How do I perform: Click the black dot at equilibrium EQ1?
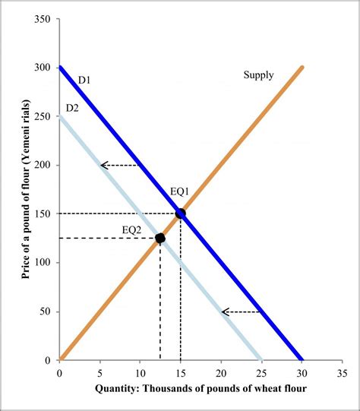pyautogui.click(x=180, y=213)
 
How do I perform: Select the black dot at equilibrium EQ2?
pyautogui.click(x=160, y=238)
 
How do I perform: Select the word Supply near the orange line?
pyautogui.click(x=258, y=74)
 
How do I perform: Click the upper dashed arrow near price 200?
pyautogui.click(x=119, y=165)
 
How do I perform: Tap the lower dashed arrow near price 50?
pyautogui.click(x=241, y=311)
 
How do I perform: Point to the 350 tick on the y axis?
pyautogui.click(x=43, y=19)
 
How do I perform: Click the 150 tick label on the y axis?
pyautogui.click(x=43, y=214)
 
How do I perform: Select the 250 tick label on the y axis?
pyautogui.click(x=43, y=116)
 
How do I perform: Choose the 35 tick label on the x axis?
pyautogui.click(x=342, y=373)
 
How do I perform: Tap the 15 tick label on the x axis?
pyautogui.click(x=180, y=373)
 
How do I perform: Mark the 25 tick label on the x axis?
pyautogui.click(x=261, y=373)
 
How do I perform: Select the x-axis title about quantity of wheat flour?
pyautogui.click(x=201, y=389)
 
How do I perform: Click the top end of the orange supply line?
pyautogui.click(x=302, y=68)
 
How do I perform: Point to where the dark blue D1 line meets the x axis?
pyautogui.click(x=302, y=359)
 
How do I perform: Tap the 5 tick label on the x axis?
pyautogui.click(x=99, y=373)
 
